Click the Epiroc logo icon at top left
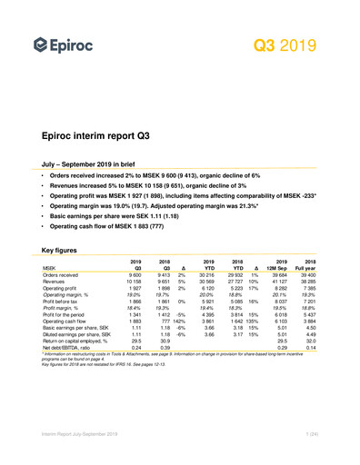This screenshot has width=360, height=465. [x=40, y=45]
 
